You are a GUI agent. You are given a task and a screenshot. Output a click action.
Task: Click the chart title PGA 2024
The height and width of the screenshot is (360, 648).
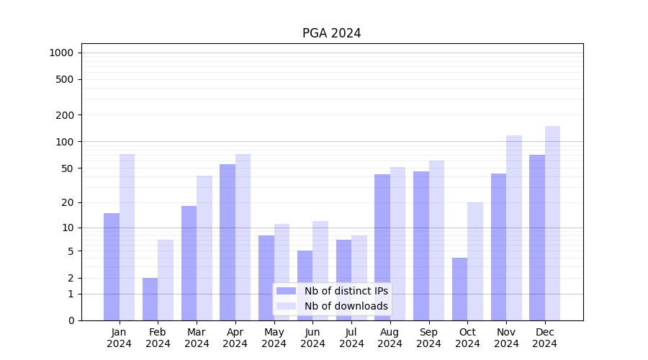tap(331, 33)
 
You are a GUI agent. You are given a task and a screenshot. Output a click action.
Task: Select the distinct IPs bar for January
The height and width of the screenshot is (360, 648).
tap(112, 266)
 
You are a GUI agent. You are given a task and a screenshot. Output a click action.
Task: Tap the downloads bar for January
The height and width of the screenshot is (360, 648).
tap(127, 237)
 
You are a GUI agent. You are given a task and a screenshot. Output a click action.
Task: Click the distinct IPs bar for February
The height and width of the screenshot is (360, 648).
tap(150, 299)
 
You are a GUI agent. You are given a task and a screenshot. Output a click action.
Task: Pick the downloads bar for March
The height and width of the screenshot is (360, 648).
tap(204, 248)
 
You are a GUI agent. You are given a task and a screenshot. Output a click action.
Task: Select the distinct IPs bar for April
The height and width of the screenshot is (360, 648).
tap(228, 242)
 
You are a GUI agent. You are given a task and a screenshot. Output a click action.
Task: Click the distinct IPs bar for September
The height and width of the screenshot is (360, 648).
tap(421, 246)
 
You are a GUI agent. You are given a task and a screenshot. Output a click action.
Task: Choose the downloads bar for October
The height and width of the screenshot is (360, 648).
tap(475, 261)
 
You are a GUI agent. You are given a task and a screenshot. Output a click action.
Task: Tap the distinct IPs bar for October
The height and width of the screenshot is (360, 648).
tap(459, 289)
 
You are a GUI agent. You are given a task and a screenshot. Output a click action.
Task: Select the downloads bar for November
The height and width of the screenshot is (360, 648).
tap(514, 228)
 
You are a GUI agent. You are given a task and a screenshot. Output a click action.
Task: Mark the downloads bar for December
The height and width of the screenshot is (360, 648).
tap(552, 223)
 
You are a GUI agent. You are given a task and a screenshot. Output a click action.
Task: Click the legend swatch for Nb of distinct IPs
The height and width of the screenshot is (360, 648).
tap(287, 291)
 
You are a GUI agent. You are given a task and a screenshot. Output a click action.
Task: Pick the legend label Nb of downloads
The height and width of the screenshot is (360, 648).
tap(346, 306)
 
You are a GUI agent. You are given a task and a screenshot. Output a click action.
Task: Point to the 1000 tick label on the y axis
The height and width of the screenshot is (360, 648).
tap(61, 53)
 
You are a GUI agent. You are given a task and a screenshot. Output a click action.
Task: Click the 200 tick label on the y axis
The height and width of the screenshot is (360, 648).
tap(65, 115)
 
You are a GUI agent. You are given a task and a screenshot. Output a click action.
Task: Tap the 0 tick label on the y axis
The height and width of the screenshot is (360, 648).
tap(71, 320)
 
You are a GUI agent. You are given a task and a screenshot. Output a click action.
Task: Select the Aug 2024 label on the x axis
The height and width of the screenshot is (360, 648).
tap(390, 338)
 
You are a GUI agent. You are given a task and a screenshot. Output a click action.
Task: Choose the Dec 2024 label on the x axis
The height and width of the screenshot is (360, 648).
tap(545, 338)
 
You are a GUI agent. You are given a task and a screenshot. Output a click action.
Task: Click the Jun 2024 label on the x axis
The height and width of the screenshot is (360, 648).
tap(312, 338)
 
